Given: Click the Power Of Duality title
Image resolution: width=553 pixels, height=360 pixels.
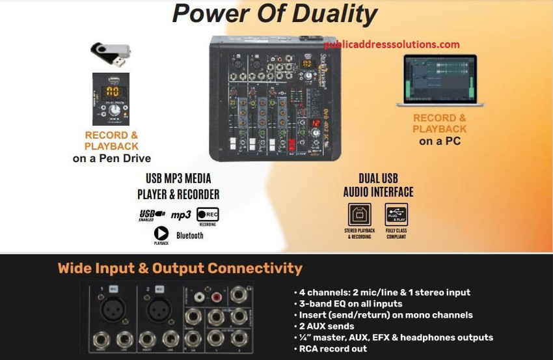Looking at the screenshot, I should point(275,14).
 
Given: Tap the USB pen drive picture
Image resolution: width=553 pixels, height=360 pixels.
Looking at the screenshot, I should point(111,54).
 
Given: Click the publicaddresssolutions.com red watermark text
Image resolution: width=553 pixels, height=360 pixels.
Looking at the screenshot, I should point(392,45).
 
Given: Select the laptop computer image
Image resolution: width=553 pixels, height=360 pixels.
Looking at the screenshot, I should point(440,81).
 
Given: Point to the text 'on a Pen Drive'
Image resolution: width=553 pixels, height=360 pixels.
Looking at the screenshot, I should point(111,158).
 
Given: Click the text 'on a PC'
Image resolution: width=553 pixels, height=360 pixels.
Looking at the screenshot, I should point(439,141).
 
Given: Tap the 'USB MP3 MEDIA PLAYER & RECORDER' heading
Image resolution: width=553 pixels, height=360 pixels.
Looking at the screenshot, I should point(178,186).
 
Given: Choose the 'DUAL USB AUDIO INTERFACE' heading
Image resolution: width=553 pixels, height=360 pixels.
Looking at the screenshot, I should point(378,185).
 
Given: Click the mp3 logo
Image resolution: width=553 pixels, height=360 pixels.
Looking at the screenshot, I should point(181,215).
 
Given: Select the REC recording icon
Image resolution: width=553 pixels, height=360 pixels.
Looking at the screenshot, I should point(208,215).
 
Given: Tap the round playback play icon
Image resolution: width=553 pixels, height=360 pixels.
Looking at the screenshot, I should point(161,233).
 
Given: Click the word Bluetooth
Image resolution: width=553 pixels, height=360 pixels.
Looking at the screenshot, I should point(190,235).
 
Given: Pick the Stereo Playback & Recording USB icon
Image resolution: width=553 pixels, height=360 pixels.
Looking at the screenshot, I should point(360,214).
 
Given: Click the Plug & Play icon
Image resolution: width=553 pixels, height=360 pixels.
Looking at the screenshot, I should point(396,214).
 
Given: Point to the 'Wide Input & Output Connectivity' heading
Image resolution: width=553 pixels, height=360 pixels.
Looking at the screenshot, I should point(180,268).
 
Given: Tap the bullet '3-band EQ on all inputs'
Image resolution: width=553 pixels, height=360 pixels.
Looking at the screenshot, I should point(351,303).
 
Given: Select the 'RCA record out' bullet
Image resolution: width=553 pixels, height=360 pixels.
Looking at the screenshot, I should point(333,348).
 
